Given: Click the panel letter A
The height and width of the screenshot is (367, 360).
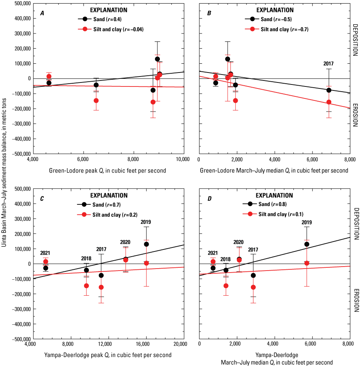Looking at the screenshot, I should tap(42, 13).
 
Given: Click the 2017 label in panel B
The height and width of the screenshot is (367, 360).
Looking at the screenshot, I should tap(329, 63).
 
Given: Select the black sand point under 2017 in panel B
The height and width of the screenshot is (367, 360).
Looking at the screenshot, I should tap(329, 90).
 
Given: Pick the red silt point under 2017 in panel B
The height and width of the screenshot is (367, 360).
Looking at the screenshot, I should tap(329, 102).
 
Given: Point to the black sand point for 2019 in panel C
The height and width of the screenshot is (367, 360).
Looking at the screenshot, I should tap(146, 244).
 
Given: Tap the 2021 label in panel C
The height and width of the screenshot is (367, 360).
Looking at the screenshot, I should tap(45, 253).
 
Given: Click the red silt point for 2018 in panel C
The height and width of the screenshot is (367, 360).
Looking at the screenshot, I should tap(87, 286).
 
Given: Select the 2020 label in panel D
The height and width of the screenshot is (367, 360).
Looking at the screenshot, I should tap(238, 242).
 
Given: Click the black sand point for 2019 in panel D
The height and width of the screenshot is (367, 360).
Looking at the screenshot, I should tap(307, 244).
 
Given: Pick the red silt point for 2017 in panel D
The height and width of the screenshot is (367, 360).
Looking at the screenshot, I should tap(253, 287).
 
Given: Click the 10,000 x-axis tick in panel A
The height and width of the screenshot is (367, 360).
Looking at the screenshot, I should tap(183, 160).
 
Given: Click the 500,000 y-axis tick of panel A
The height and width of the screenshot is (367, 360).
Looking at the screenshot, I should tap(18, 4).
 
